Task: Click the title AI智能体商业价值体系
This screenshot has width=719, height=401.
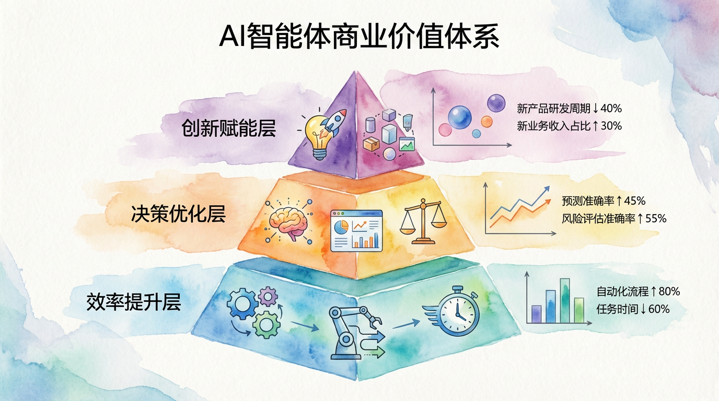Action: click(359, 36)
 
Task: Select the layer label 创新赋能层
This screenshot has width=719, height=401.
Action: click(228, 128)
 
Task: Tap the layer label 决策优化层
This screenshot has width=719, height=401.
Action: click(179, 214)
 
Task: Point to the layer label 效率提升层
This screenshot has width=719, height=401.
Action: click(134, 302)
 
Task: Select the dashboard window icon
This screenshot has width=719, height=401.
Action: click(356, 230)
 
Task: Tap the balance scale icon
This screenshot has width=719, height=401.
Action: click(423, 221)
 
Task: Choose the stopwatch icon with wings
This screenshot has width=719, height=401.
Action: click(453, 311)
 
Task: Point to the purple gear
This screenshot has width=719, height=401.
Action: click(269, 296)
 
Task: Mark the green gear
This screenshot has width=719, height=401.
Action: click(266, 325)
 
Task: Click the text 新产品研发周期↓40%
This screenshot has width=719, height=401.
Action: click(569, 109)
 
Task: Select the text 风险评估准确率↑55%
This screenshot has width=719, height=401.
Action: click(614, 218)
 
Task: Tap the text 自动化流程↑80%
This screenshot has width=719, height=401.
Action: click(638, 291)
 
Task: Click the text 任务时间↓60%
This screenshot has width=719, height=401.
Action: click(633, 309)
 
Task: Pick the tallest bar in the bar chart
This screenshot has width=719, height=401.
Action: click(565, 301)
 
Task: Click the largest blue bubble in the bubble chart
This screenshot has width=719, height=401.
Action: click(460, 117)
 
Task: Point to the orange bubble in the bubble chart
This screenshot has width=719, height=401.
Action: click(486, 122)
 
